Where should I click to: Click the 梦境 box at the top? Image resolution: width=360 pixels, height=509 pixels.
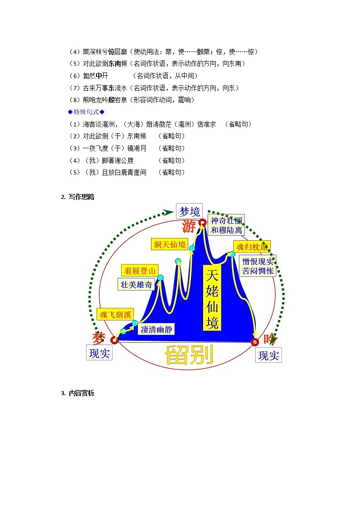(189, 211)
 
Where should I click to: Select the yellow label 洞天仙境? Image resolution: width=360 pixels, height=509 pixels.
(170, 245)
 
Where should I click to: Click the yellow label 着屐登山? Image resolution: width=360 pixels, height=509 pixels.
(140, 271)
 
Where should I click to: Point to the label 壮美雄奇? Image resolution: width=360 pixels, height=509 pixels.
(136, 284)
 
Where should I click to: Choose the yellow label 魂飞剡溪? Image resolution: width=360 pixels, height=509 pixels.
(116, 314)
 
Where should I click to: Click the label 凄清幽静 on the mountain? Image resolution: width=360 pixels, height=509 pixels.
(156, 330)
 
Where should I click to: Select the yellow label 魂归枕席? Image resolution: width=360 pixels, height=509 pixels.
(252, 247)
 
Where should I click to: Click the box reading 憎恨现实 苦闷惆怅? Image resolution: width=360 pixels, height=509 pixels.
(258, 266)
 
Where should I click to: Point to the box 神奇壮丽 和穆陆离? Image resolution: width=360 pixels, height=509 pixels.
(227, 225)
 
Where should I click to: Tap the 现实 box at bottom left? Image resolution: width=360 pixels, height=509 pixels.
(99, 353)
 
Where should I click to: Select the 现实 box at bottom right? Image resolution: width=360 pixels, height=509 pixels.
(268, 355)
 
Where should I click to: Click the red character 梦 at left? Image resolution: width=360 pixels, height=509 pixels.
(99, 338)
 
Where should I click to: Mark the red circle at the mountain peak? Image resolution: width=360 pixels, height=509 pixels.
(203, 222)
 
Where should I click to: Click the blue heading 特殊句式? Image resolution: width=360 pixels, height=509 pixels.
(86, 112)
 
